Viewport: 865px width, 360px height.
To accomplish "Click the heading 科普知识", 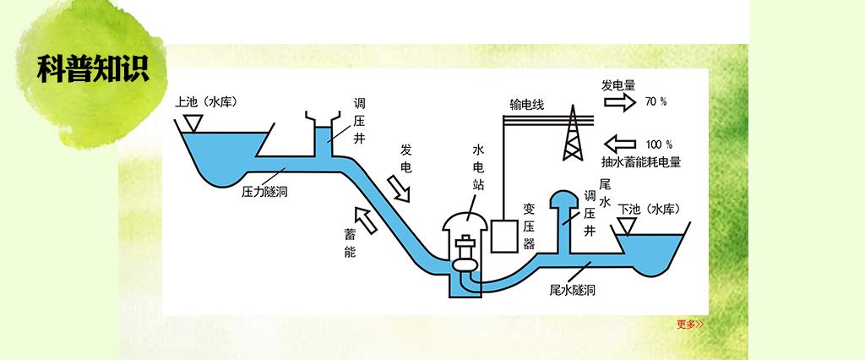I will coord(93,68).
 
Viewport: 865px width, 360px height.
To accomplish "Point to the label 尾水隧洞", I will coord(573,290).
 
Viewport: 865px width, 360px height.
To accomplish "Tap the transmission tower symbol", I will coord(574,131).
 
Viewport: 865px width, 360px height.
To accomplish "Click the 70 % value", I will coord(656,101).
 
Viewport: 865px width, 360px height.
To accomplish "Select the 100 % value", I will coord(658,143).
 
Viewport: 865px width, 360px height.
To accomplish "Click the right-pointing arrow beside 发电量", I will coord(619,102).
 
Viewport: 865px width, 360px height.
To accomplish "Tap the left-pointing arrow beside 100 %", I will coord(621,143).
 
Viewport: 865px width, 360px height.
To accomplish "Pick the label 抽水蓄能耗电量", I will coord(641,161).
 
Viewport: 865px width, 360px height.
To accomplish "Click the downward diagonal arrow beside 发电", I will coord(398,188).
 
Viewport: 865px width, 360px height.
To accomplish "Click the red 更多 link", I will coord(689,324).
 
